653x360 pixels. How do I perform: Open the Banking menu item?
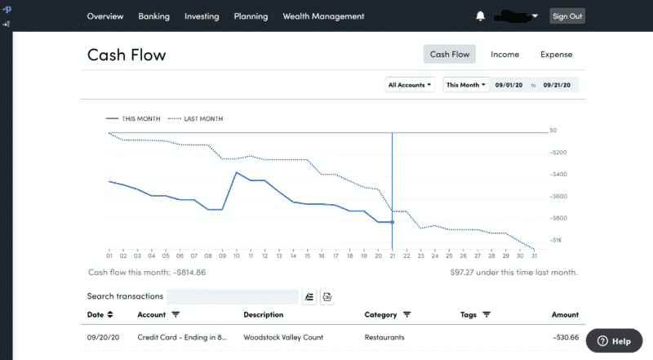tap(154, 16)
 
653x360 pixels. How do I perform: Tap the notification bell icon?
tap(480, 16)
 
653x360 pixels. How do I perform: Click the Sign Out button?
tap(566, 16)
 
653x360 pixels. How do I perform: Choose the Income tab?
tap(504, 55)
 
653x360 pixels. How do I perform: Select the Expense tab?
tap(556, 55)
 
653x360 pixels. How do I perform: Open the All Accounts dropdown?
tap(410, 84)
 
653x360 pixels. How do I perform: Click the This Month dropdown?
tap(465, 84)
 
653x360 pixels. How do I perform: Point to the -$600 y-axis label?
tap(559, 197)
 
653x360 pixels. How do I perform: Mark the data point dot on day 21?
tap(393, 222)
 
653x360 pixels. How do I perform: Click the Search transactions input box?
tap(233, 296)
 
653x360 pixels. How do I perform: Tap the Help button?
tap(614, 341)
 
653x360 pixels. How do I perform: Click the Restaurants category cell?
tap(384, 337)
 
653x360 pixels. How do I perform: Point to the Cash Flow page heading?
tap(127, 56)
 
